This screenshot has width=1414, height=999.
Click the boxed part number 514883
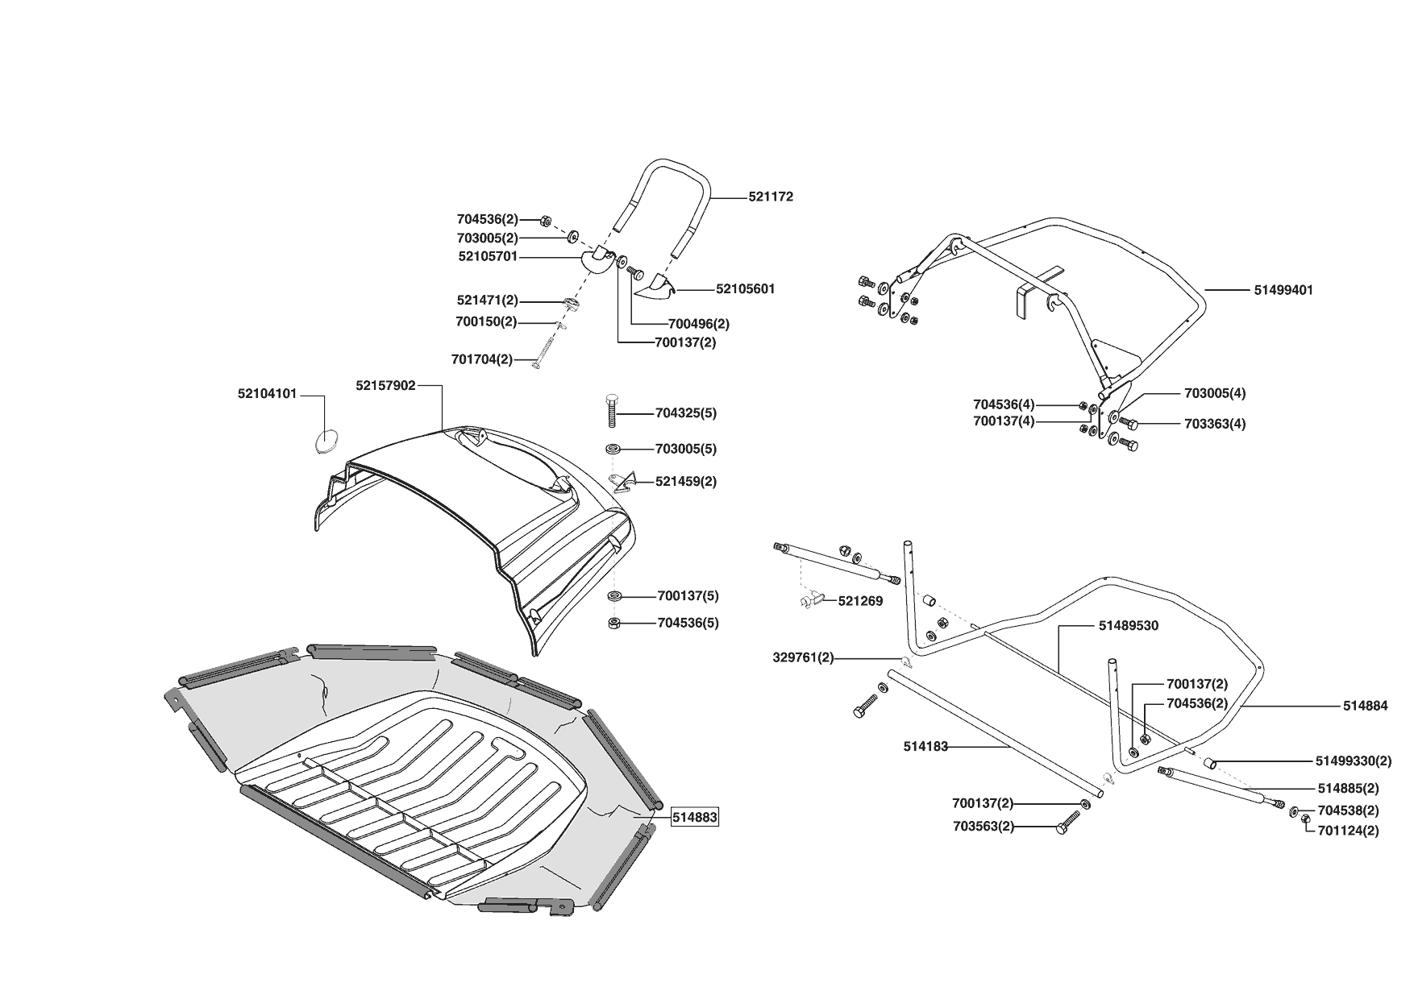[694, 817]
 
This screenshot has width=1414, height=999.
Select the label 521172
[770, 197]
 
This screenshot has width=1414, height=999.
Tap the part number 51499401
[1283, 290]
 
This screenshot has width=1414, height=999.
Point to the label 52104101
[268, 394]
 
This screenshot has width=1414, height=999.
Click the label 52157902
[385, 386]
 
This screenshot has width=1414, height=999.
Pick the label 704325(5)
[685, 413]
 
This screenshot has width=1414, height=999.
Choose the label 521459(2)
[685, 482]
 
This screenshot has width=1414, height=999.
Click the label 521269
[860, 601]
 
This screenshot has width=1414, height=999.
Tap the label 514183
[925, 747]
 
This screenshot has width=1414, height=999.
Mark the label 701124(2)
[1348, 831]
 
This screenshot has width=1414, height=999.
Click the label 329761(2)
[803, 658]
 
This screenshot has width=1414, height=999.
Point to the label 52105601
[745, 288]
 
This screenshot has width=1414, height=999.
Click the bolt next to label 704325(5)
[612, 412]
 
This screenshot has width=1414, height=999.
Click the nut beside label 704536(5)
[613, 623]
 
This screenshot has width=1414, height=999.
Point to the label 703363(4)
[1214, 424]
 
